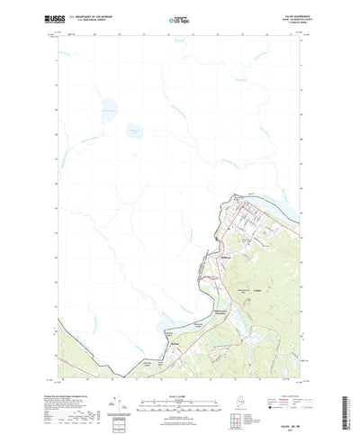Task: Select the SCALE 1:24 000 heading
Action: click(179, 379)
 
